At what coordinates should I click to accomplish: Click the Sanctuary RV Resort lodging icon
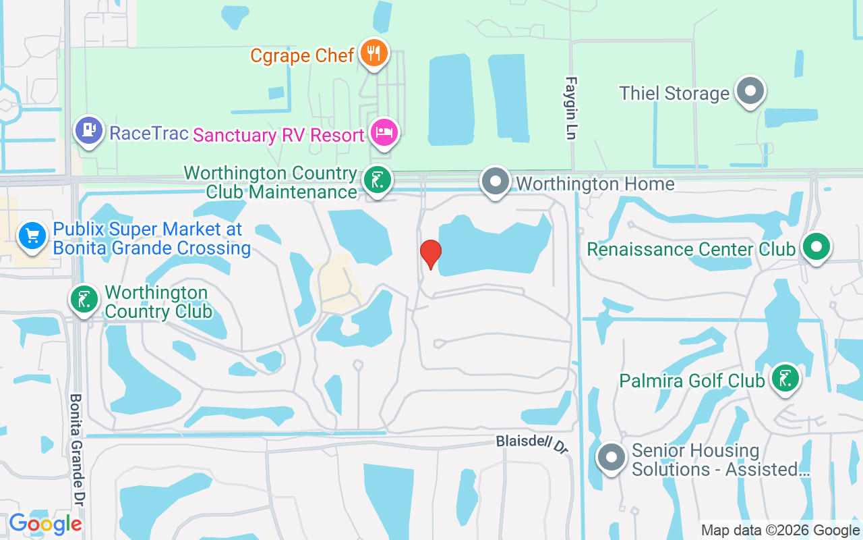pos(384,132)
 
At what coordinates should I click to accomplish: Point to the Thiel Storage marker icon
pos(749,91)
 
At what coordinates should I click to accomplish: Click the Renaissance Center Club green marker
pos(816,247)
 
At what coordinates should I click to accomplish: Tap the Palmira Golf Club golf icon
pos(785,379)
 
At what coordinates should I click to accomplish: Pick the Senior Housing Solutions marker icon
pos(612,458)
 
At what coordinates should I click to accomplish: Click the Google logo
pos(45,524)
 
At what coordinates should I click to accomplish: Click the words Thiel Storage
pos(674,93)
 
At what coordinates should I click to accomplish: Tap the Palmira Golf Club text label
pos(692,381)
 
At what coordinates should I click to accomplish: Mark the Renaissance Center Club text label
pos(691,249)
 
